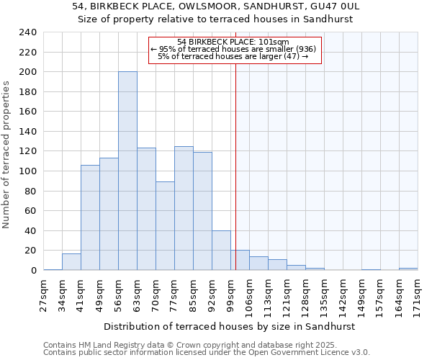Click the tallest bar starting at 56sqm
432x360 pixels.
pyautogui.click(x=127, y=171)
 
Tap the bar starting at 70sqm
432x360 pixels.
pyautogui.click(x=165, y=226)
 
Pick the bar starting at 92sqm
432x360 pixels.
pyautogui.click(x=221, y=251)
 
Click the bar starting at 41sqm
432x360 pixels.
pyautogui.click(x=90, y=217)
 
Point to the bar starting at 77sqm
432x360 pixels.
pyautogui.click(x=184, y=208)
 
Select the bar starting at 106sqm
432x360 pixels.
pyautogui.click(x=258, y=264)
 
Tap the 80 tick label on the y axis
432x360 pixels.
pyautogui.click(x=30, y=192)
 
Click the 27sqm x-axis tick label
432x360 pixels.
pyautogui.click(x=43, y=294)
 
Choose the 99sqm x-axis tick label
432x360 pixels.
pyautogui.click(x=230, y=294)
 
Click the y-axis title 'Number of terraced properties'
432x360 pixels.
pyautogui.click(x=7, y=155)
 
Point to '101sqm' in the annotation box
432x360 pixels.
pyautogui.click(x=274, y=42)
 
